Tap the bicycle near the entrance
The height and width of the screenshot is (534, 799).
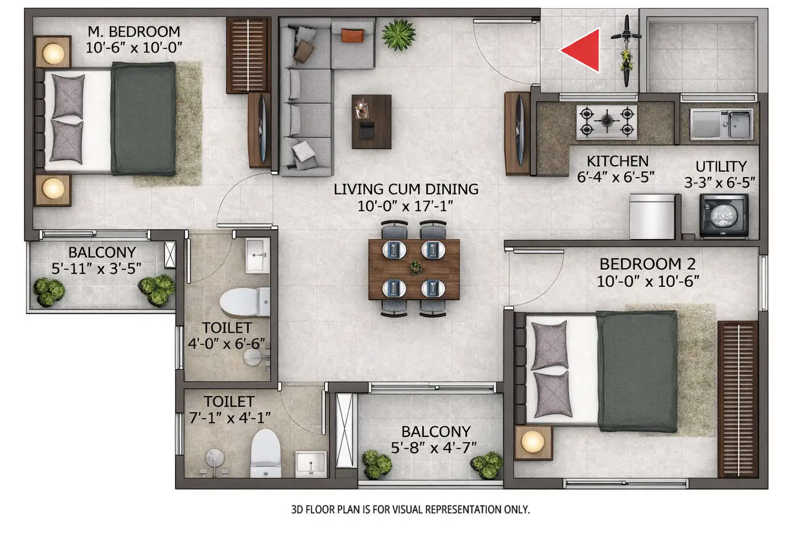(x=626, y=51)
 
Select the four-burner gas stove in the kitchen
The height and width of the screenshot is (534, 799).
(x=606, y=122)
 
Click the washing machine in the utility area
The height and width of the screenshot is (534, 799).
(x=723, y=216)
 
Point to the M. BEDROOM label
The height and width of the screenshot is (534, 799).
(x=134, y=32)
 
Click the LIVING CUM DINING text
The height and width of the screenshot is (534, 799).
(x=406, y=190)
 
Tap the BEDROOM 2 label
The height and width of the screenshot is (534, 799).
(x=647, y=265)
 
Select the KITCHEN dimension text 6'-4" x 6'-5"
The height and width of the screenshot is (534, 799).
(x=615, y=177)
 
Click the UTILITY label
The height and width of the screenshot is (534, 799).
(x=721, y=166)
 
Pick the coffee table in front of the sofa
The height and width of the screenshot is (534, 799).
(x=372, y=122)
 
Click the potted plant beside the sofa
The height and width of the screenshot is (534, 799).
(x=398, y=34)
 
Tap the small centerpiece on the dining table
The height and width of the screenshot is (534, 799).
(x=415, y=267)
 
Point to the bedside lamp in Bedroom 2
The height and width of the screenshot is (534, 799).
(x=532, y=442)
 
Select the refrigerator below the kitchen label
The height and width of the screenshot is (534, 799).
(x=652, y=216)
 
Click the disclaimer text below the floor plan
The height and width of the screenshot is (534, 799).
(x=410, y=510)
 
